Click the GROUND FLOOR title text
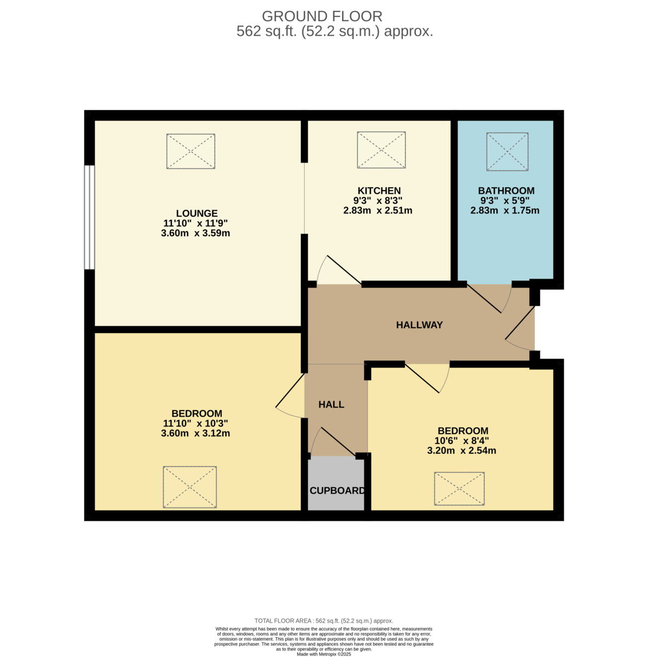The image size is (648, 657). point(322,16)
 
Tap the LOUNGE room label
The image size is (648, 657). point(196,214)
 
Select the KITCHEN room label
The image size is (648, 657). point(379,191)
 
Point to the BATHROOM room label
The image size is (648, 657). point(506,191)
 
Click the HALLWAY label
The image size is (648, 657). point(419,325)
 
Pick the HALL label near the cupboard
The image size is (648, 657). point(331,405)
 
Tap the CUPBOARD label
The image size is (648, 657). point(337,491)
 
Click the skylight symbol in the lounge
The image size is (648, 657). point(190,151)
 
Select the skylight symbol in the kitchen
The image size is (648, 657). point(381,149)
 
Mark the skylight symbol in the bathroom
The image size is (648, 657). point(507,152)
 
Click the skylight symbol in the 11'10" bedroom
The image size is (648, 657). point(189,487)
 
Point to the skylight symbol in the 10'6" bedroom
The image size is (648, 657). point(459,488)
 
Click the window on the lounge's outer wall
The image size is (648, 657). point(89,217)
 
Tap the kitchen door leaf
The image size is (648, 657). point(344,269)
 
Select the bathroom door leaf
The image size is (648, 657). point(484,298)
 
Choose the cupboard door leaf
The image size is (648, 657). point(338,441)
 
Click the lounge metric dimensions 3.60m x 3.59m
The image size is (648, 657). point(195,233)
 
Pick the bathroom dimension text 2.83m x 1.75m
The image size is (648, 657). point(505,210)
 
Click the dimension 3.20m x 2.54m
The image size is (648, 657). point(461,451)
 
